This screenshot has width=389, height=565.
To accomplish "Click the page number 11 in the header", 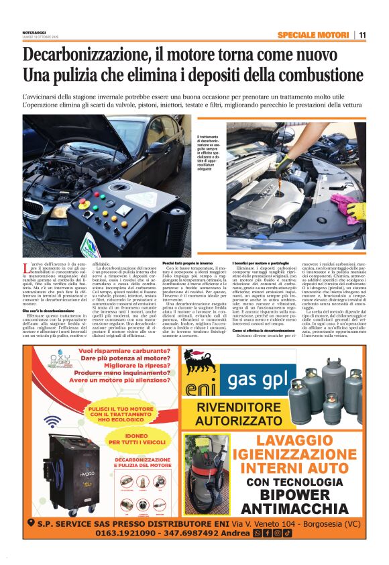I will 362,36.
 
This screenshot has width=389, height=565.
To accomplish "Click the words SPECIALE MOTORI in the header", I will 313,36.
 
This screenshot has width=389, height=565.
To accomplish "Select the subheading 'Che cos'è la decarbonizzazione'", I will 49,293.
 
